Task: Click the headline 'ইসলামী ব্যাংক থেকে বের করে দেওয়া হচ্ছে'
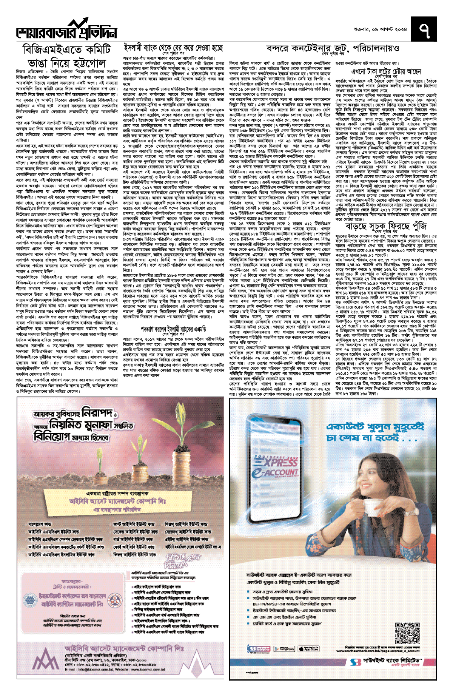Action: click(x=174, y=48)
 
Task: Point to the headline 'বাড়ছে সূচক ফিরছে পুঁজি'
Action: click(x=386, y=226)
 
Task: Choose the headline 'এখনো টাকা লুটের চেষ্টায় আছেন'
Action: click(x=386, y=72)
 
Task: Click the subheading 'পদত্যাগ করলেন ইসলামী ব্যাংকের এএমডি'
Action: click(x=173, y=329)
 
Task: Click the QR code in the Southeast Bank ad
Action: click(x=407, y=632)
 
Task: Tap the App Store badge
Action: click(x=308, y=649)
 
